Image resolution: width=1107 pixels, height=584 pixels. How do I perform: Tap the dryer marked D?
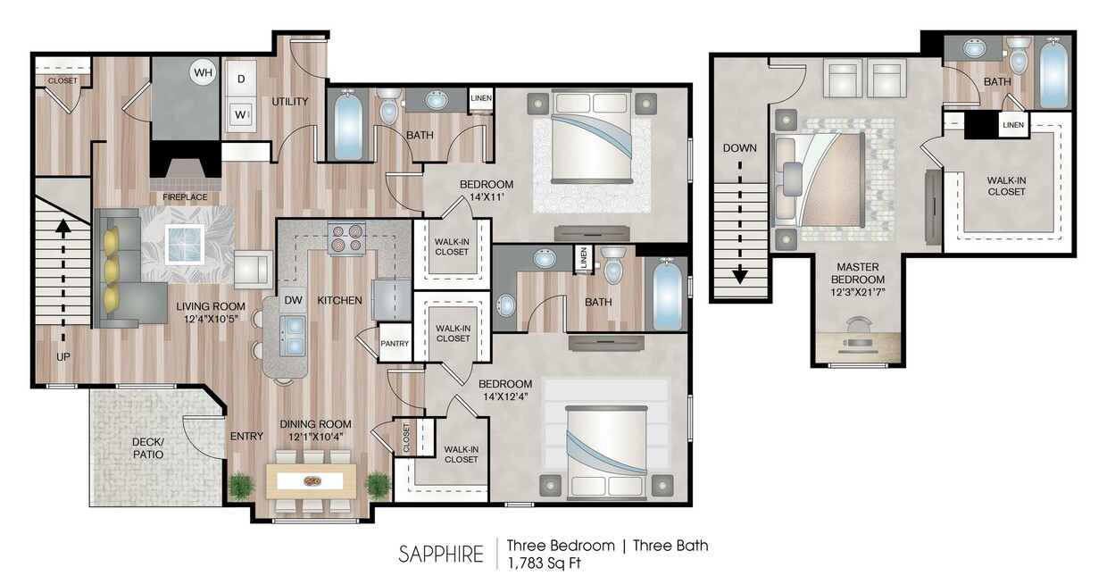pos(240,79)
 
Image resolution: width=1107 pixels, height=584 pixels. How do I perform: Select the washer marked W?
pos(240,114)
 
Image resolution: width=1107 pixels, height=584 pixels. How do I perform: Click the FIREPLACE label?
pos(185,196)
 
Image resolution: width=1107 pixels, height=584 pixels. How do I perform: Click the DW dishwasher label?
pos(293,301)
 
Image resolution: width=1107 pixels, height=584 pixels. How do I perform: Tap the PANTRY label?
pos(394,344)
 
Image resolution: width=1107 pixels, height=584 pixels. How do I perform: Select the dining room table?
pos(312,480)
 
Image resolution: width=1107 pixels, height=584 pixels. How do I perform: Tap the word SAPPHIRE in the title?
pos(441,554)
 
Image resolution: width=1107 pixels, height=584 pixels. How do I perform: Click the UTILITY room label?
pos(290,102)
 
